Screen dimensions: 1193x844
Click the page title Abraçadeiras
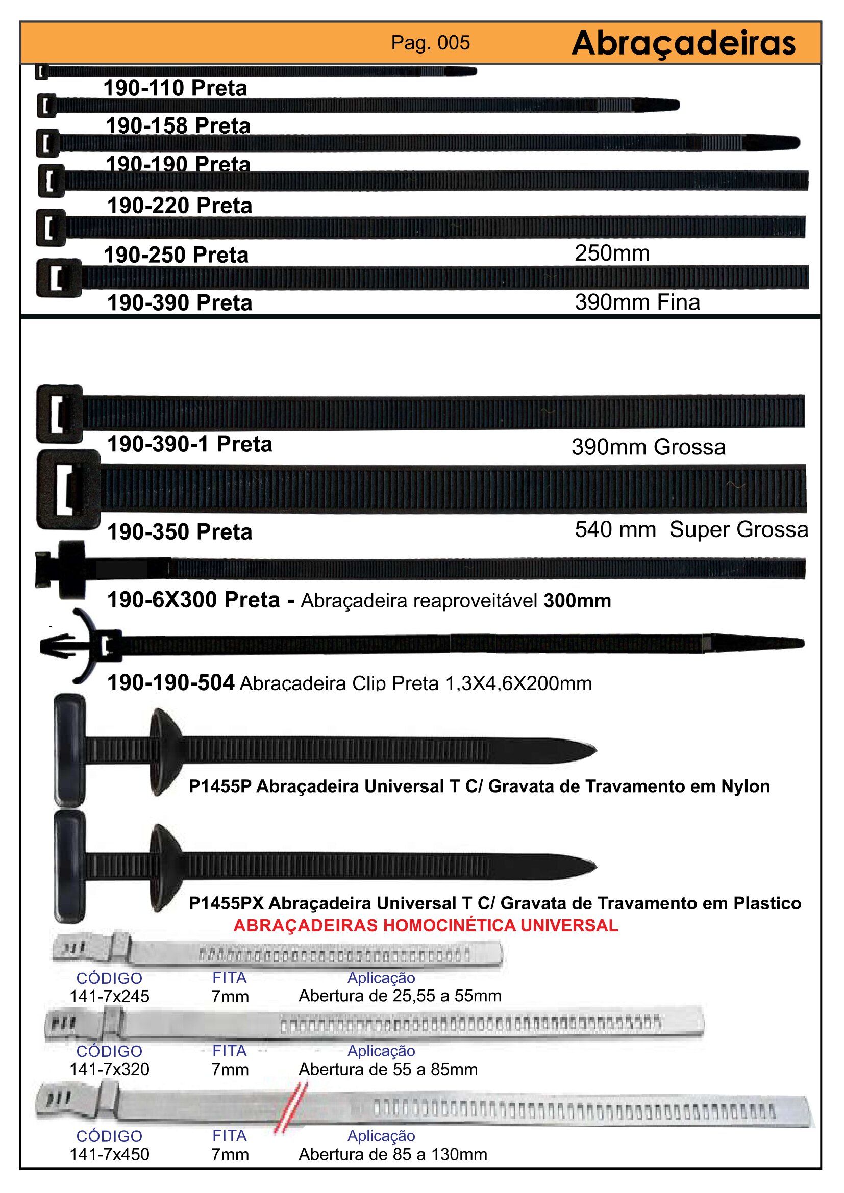683,43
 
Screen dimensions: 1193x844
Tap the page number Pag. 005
430,43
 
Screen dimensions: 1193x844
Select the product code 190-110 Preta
175,88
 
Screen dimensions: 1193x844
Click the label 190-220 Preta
179,206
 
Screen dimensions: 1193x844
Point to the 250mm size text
612,253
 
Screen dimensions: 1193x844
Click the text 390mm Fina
637,302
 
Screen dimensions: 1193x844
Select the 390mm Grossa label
648,447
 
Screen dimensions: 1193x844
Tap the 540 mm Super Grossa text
691,530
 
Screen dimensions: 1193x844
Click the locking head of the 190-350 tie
68,489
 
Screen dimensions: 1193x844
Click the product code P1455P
220,786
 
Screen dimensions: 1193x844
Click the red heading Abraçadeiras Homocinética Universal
426,925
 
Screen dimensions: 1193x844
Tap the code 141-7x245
109,996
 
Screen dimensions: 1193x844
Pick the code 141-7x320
109,1070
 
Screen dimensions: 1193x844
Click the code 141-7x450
109,1155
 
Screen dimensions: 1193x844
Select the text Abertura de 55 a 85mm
388,1070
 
